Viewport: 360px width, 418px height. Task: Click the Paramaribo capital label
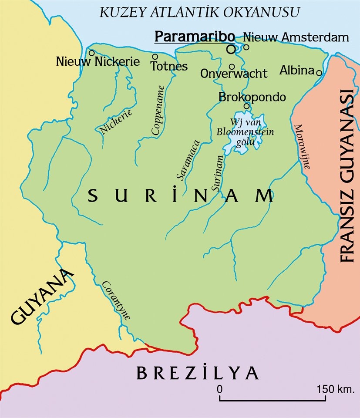click(195, 36)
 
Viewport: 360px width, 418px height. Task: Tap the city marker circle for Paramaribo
click(231, 49)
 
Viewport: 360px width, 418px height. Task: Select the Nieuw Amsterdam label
click(296, 37)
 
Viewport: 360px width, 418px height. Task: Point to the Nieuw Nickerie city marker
click(92, 53)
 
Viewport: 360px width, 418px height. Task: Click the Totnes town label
click(169, 66)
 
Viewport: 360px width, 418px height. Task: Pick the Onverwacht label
click(234, 74)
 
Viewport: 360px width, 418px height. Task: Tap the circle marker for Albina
click(319, 73)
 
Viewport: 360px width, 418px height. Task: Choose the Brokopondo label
click(252, 97)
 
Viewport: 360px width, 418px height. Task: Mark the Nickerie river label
click(116, 121)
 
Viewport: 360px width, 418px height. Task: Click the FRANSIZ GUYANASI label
click(347, 176)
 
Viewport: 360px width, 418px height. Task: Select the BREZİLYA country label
click(198, 373)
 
